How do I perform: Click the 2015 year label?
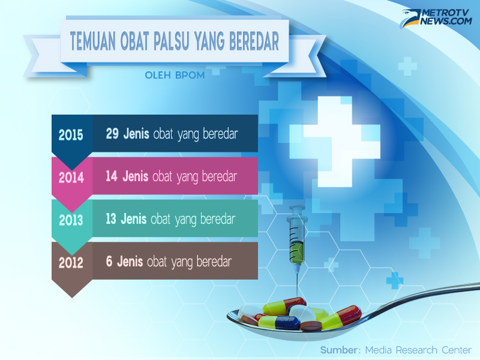pos(71,134)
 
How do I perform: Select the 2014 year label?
pos(71,178)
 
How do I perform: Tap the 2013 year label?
pos(71,220)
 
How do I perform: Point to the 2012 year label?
pos(71,263)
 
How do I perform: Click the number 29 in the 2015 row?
pos(112,134)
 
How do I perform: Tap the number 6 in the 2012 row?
pos(109,262)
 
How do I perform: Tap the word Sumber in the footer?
pos(339,350)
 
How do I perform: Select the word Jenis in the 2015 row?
pos(136,134)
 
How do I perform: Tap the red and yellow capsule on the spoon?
pos(343,317)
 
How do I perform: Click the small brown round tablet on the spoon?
pos(311,326)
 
